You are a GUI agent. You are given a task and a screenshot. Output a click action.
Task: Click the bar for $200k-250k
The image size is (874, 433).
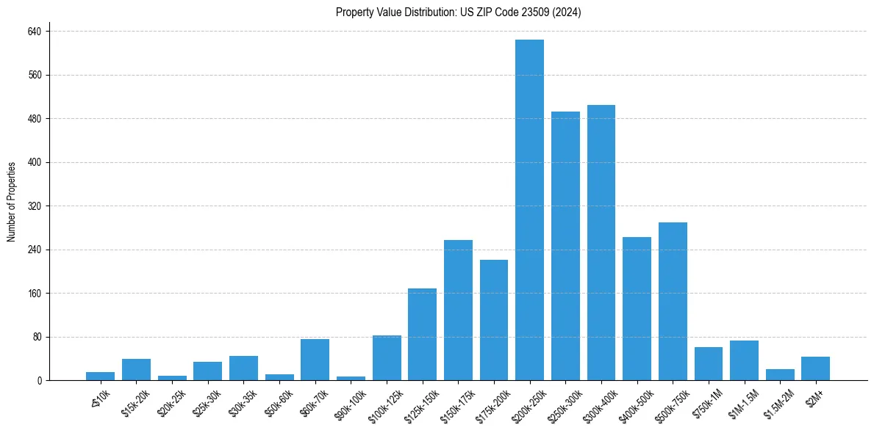[529, 210]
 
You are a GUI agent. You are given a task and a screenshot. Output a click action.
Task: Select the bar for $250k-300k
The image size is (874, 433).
[565, 246]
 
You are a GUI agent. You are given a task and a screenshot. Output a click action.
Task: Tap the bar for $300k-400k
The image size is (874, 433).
[601, 243]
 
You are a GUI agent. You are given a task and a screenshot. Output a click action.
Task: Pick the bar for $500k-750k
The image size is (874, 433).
[673, 302]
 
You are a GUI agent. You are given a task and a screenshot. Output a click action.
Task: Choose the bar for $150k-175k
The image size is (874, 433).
[458, 310]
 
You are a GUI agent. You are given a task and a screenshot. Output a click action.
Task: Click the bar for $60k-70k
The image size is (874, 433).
[315, 360]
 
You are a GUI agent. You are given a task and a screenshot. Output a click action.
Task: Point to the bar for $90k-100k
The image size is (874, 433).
[351, 378]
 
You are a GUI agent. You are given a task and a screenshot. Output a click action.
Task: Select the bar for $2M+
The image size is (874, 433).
[815, 368]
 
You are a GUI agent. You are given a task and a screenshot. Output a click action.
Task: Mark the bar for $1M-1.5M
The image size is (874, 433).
[744, 360]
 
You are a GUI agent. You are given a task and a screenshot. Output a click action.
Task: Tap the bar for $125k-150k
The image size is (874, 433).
[422, 335]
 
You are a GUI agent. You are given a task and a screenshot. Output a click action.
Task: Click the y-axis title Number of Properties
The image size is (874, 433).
[12, 202]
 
